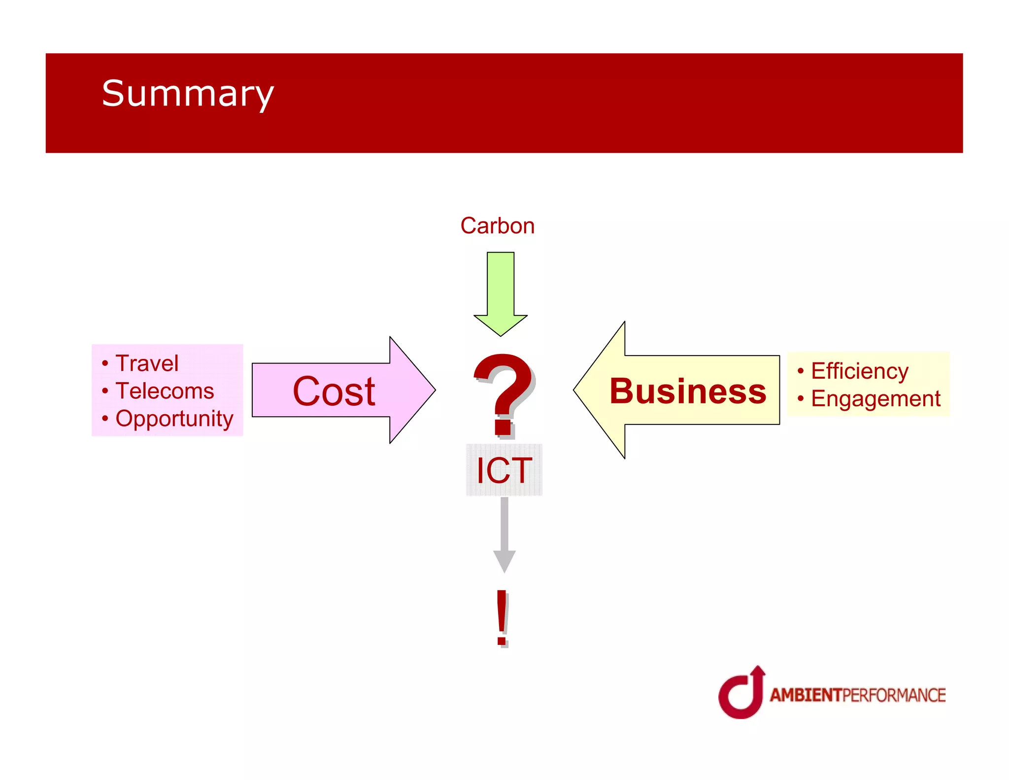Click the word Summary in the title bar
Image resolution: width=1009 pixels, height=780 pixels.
187,94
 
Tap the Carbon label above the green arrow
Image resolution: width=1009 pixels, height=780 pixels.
497,226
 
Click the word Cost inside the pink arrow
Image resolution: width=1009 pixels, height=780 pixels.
334,391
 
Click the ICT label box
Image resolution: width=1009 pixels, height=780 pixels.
504,470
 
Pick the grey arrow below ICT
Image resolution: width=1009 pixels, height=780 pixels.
504,535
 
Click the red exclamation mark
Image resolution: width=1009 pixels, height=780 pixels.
502,617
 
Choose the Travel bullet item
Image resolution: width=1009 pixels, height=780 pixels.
146,364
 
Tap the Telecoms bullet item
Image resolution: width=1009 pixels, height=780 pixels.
165,391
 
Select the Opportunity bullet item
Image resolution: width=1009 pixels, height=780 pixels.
174,419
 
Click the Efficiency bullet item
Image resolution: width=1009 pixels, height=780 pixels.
860,371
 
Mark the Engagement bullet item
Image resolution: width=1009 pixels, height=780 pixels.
875,398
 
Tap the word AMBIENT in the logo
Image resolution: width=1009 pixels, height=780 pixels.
806,695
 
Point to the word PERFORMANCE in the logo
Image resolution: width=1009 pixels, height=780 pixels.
894,695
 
